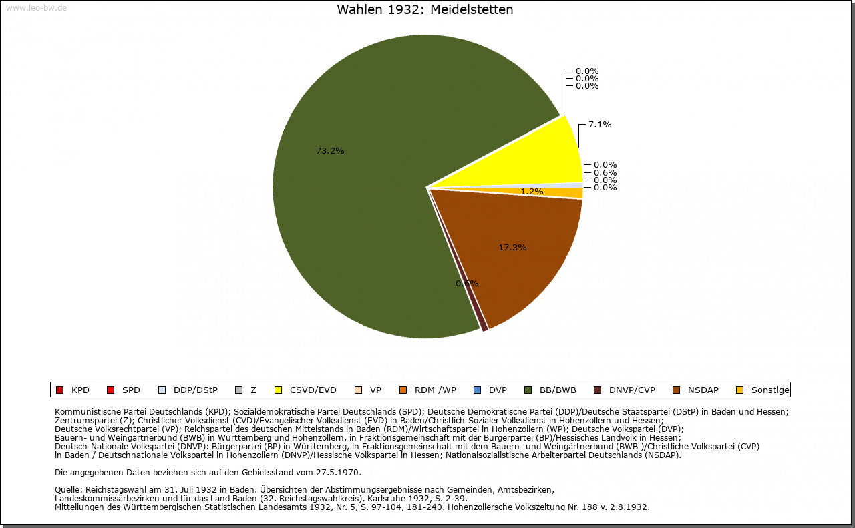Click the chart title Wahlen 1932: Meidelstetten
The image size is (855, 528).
[x=425, y=10]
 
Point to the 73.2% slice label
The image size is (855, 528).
[x=330, y=151]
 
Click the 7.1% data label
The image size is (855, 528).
[x=600, y=125]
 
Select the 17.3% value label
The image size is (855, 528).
[x=512, y=248]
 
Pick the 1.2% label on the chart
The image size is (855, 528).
[x=532, y=192]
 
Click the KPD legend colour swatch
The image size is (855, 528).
[x=59, y=390]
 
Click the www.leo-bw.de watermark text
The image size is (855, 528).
[x=36, y=8]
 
